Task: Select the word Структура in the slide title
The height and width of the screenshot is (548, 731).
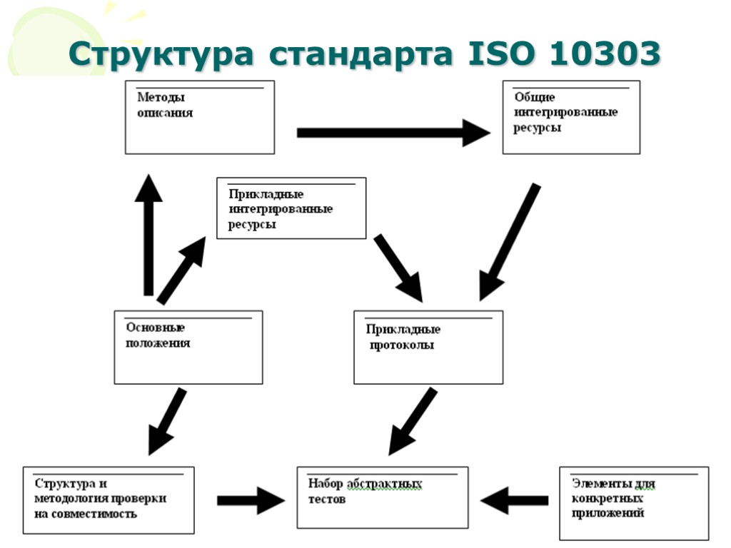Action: [x=161, y=55]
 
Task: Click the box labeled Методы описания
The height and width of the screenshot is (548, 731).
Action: [x=200, y=117]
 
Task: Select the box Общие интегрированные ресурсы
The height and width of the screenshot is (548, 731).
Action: [x=571, y=117]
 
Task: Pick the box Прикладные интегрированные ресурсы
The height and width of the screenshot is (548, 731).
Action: [x=291, y=208]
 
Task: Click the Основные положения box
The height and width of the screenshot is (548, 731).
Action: [x=188, y=347]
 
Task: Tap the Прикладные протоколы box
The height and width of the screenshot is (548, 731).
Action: [x=428, y=347]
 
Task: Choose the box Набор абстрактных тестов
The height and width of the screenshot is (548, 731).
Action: [x=383, y=497]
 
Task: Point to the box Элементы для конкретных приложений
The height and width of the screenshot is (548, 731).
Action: [x=634, y=503]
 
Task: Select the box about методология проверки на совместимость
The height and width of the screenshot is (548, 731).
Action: [x=109, y=499]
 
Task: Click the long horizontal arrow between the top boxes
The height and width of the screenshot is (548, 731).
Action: [x=393, y=133]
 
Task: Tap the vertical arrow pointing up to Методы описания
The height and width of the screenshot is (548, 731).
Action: [x=148, y=235]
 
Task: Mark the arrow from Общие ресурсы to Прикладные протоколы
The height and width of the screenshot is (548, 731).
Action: [x=509, y=243]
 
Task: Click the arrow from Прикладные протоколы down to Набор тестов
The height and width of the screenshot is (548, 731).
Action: [x=413, y=421]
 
